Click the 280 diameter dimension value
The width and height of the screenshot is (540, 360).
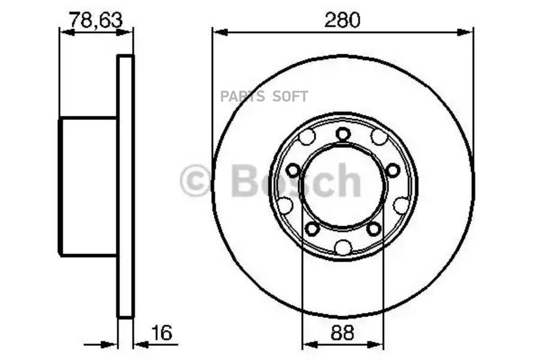tap(343, 20)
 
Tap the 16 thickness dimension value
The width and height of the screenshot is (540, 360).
tap(162, 332)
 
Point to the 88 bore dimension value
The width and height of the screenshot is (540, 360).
tap(343, 332)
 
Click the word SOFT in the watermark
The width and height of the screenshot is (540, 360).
tap(291, 97)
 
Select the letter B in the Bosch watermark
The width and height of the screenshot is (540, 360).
tap(245, 181)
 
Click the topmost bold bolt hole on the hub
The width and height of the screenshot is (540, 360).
tap(343, 134)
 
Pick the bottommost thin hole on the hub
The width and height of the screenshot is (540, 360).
tap(343, 247)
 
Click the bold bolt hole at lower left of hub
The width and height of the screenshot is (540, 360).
tap(311, 228)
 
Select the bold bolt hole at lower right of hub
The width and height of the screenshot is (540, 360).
tap(374, 228)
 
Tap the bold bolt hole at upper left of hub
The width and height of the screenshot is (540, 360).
tap(293, 170)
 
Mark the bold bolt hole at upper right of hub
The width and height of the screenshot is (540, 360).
tap(392, 170)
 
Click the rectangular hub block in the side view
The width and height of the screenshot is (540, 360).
tap(88, 187)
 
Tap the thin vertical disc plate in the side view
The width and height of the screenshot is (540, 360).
tap(125, 186)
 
